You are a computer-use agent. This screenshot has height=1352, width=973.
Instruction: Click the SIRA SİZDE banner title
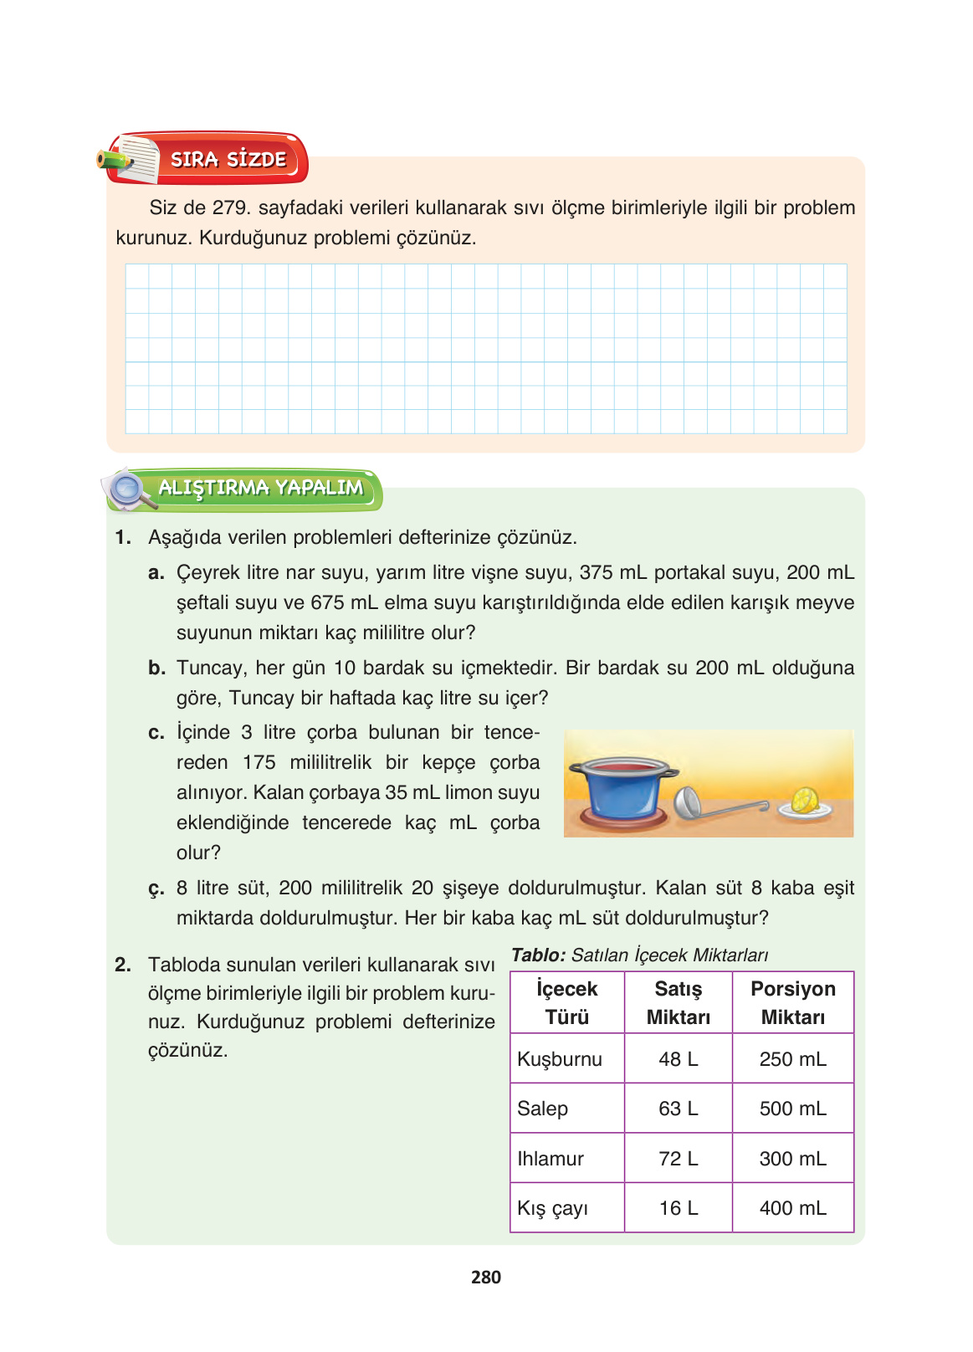(228, 159)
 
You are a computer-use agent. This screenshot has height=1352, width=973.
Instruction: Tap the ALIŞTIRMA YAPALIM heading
(260, 488)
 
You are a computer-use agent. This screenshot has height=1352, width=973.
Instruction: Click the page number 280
(486, 1277)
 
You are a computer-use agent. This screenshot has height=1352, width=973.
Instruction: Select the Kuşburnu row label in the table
(560, 1059)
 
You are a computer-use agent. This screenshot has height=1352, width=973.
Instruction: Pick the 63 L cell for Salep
(678, 1109)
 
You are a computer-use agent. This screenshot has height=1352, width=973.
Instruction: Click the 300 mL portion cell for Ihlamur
(792, 1159)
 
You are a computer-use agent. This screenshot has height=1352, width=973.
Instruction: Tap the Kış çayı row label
(553, 1208)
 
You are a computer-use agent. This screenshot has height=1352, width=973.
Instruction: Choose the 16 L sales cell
(678, 1208)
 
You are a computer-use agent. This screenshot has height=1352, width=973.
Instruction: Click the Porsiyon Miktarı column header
(792, 1002)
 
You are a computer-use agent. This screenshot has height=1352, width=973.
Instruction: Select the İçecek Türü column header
(567, 1002)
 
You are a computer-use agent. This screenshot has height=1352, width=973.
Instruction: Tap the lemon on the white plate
(806, 801)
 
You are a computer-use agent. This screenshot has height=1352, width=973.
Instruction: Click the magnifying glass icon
(129, 489)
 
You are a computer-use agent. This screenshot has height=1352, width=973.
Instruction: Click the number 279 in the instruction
(231, 207)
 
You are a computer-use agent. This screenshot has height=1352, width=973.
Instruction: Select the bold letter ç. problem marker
(156, 889)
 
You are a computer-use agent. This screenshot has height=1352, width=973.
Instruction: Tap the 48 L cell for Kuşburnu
(678, 1059)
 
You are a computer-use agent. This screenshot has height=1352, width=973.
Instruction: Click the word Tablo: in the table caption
(539, 955)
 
